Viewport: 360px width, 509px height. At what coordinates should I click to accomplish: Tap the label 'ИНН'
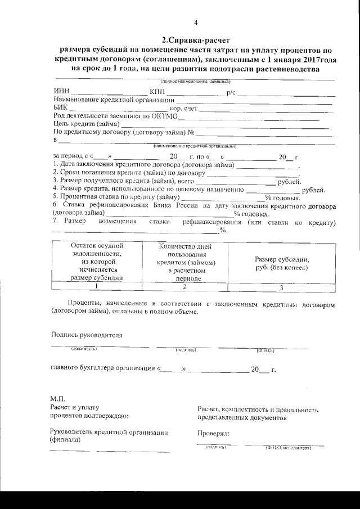coord(60,92)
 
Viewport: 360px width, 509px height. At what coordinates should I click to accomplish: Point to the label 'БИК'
coord(60,107)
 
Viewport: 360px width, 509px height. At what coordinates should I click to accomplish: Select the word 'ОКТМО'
coord(164,116)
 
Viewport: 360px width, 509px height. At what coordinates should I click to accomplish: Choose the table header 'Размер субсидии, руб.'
coord(282,263)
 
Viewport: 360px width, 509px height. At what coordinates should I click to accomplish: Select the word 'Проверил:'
coord(214,434)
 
